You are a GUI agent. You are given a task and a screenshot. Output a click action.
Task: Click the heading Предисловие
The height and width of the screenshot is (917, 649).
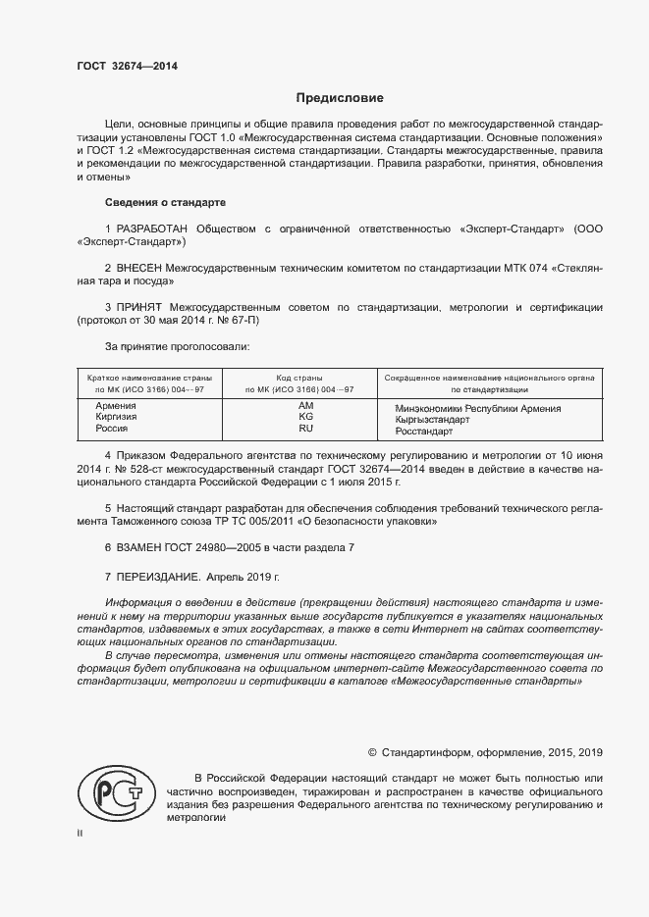[x=341, y=98]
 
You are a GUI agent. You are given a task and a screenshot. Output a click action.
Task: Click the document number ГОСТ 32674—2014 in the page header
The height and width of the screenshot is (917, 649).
[x=128, y=67]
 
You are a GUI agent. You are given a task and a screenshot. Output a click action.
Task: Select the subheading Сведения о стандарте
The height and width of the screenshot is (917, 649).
[x=165, y=202]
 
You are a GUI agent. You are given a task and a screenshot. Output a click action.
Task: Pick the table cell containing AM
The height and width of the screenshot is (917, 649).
[x=305, y=405]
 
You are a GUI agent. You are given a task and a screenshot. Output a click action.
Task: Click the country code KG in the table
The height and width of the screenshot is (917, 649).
[x=305, y=417]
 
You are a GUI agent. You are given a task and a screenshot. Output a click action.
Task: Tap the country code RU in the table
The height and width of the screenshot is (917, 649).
[x=305, y=429]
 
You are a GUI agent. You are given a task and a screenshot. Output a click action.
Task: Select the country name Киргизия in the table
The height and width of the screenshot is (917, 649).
[x=115, y=417]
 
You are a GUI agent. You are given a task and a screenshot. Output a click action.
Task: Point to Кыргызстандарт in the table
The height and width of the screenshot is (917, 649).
[x=432, y=419]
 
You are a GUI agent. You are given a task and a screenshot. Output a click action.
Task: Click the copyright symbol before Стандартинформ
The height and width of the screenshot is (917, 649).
[x=372, y=753]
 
